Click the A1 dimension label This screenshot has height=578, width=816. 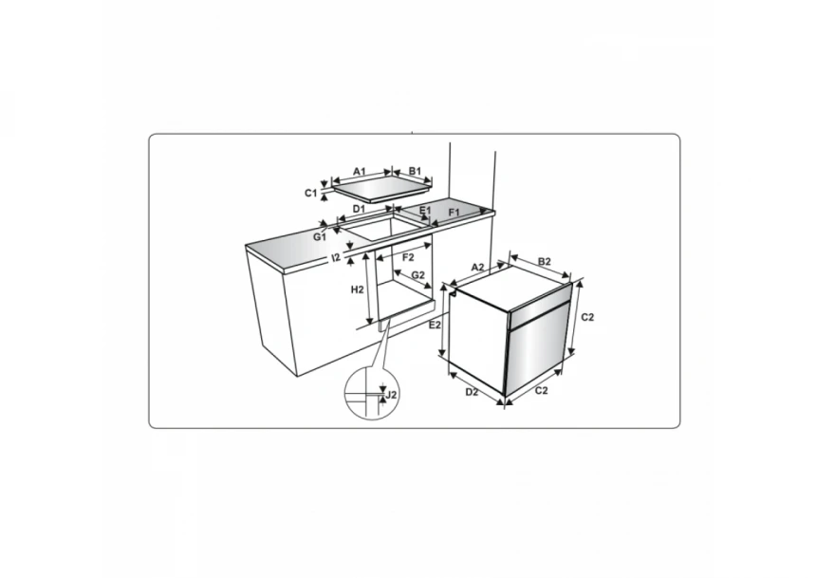pos(360,172)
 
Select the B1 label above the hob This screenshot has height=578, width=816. pos(415,172)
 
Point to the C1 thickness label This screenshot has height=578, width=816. pos(310,194)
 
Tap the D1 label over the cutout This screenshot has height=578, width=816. pos(359,209)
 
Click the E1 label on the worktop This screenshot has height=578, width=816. pos(425,211)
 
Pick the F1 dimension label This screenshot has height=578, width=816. pos(454,213)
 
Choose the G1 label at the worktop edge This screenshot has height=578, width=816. pos(319,237)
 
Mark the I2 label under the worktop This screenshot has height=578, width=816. pos(336,256)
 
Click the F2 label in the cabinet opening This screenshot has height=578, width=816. pos(408,257)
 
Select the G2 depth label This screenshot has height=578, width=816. pos(418,275)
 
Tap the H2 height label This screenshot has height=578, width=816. pos(357,289)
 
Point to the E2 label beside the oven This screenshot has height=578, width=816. pos(435,325)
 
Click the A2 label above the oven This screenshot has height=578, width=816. pos(477,267)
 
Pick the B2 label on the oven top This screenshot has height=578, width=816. pos(545,261)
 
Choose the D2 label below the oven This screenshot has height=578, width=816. pos(472,392)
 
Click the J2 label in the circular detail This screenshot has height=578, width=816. pos(392,395)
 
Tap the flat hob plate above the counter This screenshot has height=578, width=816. pos(382,189)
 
